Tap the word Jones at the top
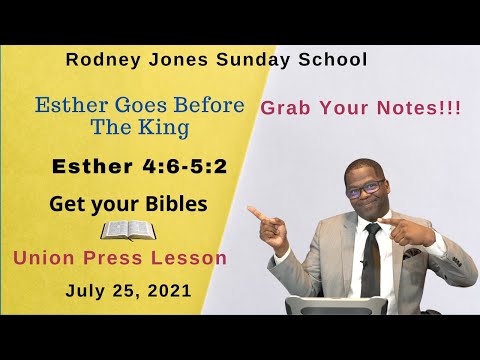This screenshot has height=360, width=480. pyautogui.click(x=165, y=59)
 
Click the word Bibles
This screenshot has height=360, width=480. pyautogui.click(x=174, y=204)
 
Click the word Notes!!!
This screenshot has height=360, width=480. pyautogui.click(x=420, y=109)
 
